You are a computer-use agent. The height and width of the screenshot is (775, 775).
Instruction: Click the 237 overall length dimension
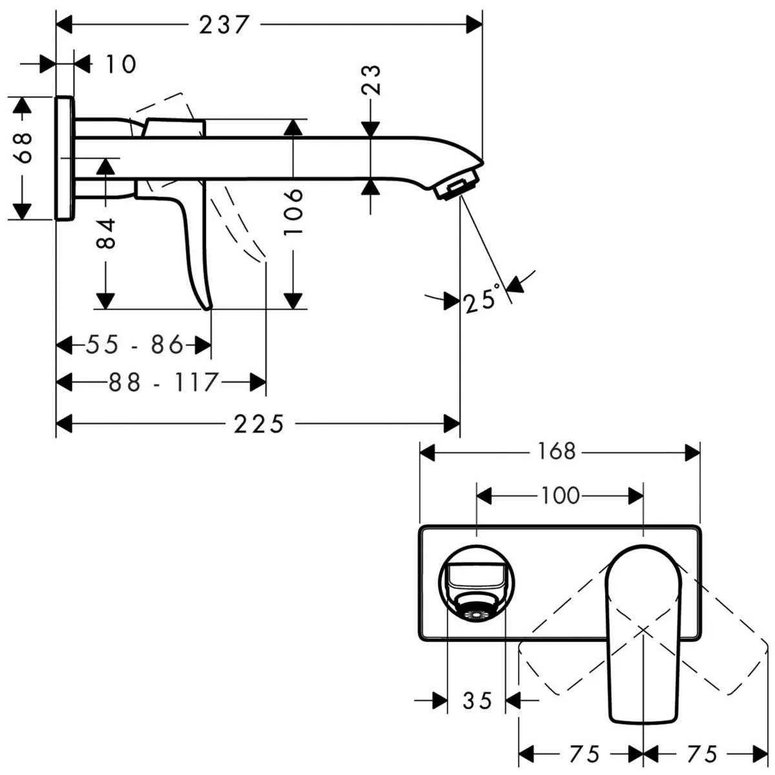[x=223, y=25]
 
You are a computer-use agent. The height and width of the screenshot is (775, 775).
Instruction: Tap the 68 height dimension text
[x=25, y=148]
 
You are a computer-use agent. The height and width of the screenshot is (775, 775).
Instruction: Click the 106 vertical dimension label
[x=294, y=211]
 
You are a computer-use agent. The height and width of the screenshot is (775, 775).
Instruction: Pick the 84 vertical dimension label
[x=107, y=233]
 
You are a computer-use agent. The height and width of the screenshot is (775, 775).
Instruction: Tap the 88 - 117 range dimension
[x=163, y=382]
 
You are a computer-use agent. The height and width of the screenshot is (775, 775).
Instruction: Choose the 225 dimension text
[x=258, y=424]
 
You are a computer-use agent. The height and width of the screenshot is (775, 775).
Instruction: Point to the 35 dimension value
[x=477, y=700]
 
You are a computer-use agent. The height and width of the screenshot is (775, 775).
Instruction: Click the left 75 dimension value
[x=583, y=753]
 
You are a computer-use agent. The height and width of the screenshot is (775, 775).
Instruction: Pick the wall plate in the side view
[x=65, y=158]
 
